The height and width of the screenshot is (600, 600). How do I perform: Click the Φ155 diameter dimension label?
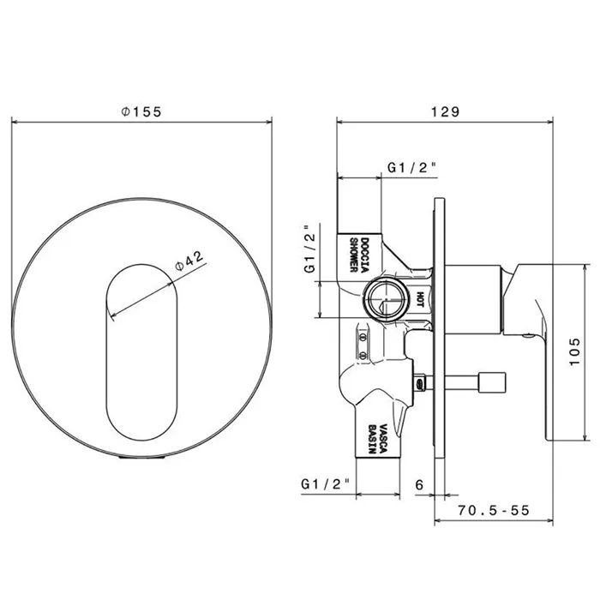tap(141, 111)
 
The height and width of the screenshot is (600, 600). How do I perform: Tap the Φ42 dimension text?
tap(189, 261)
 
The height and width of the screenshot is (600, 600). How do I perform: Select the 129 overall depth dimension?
tap(445, 111)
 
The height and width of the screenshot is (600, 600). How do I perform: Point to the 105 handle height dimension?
tap(575, 351)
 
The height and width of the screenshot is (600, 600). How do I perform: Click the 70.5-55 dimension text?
tap(494, 510)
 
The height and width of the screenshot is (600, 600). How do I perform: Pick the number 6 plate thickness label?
tap(419, 485)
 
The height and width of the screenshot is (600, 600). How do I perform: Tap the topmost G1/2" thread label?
tap(412, 168)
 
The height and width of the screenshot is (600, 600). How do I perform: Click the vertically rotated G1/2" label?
tap(310, 249)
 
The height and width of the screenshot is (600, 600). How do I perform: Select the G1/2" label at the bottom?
tap(325, 484)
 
